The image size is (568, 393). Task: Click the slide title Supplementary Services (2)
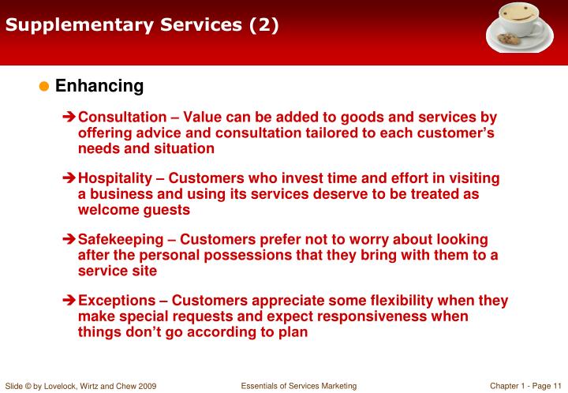tap(142, 25)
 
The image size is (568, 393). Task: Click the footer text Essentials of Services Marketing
tap(299, 385)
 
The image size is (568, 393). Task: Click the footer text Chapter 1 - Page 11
tap(525, 385)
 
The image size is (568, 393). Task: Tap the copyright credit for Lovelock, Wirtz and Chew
tap(80, 386)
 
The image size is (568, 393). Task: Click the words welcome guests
tap(134, 210)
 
